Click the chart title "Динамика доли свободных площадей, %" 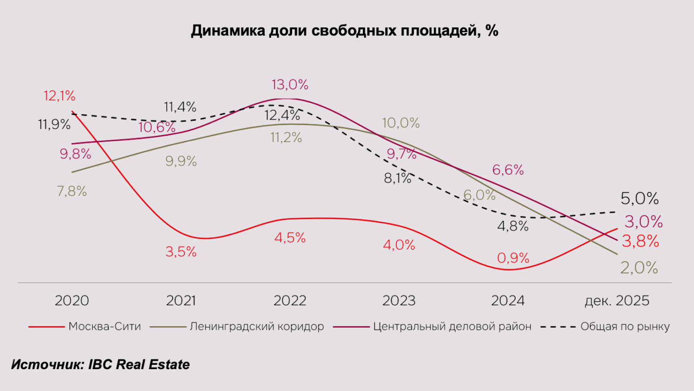pos(345,31)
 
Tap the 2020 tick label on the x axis pos(72,301)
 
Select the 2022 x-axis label pos(290,301)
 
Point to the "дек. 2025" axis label pos(617,301)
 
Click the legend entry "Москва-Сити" pos(104,327)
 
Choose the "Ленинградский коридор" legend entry pos(257,327)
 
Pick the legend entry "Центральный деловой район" pos(452,327)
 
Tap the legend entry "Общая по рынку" pos(625,327)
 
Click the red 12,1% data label pos(59,96)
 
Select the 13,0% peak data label pos(290,85)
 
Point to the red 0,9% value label pos(513,258)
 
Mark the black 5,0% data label pos(640,199)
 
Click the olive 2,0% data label pos(639,268)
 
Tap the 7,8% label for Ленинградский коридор pos(72,191)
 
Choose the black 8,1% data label pos(397,178)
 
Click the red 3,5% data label pos(181,252)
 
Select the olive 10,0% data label pos(401,123)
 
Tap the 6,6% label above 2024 pos(508,170)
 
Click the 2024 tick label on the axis pos(508,301)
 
